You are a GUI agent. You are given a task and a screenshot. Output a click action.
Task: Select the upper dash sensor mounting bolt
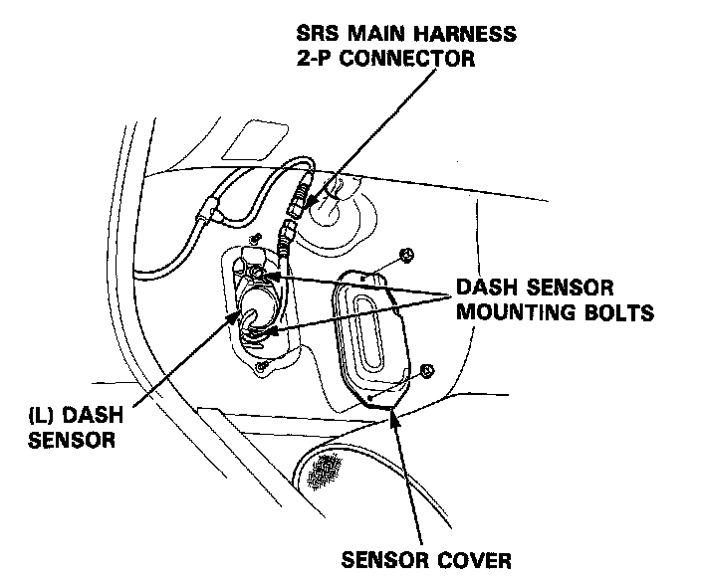pos(257,270)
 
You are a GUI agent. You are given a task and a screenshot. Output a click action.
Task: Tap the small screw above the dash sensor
pos(256,238)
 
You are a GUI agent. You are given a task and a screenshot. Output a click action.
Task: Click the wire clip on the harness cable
pos(209,210)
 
